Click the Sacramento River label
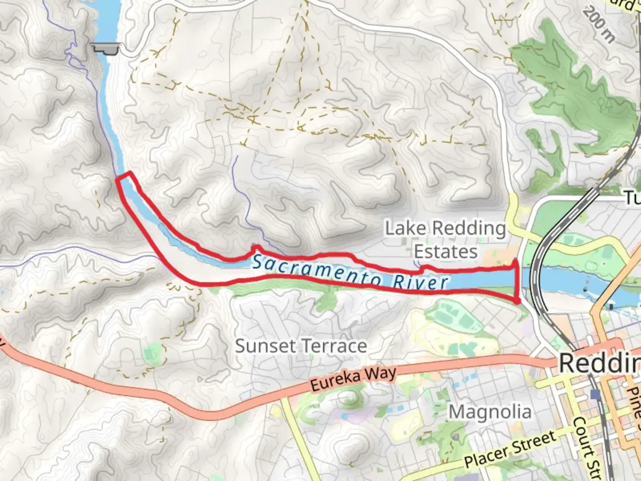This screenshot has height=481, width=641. coord(350,272)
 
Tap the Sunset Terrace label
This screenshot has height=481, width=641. coord(301,346)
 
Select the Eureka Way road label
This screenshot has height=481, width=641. coord(353,379)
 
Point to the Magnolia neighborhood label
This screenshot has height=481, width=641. coord(490,412)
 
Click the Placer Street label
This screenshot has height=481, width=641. coord(510,450)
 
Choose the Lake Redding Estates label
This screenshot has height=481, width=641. coord(445,240)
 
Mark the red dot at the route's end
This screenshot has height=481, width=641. coord(517,302)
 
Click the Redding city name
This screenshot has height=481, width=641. coord(599,363)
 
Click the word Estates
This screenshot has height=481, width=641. coord(446,252)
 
